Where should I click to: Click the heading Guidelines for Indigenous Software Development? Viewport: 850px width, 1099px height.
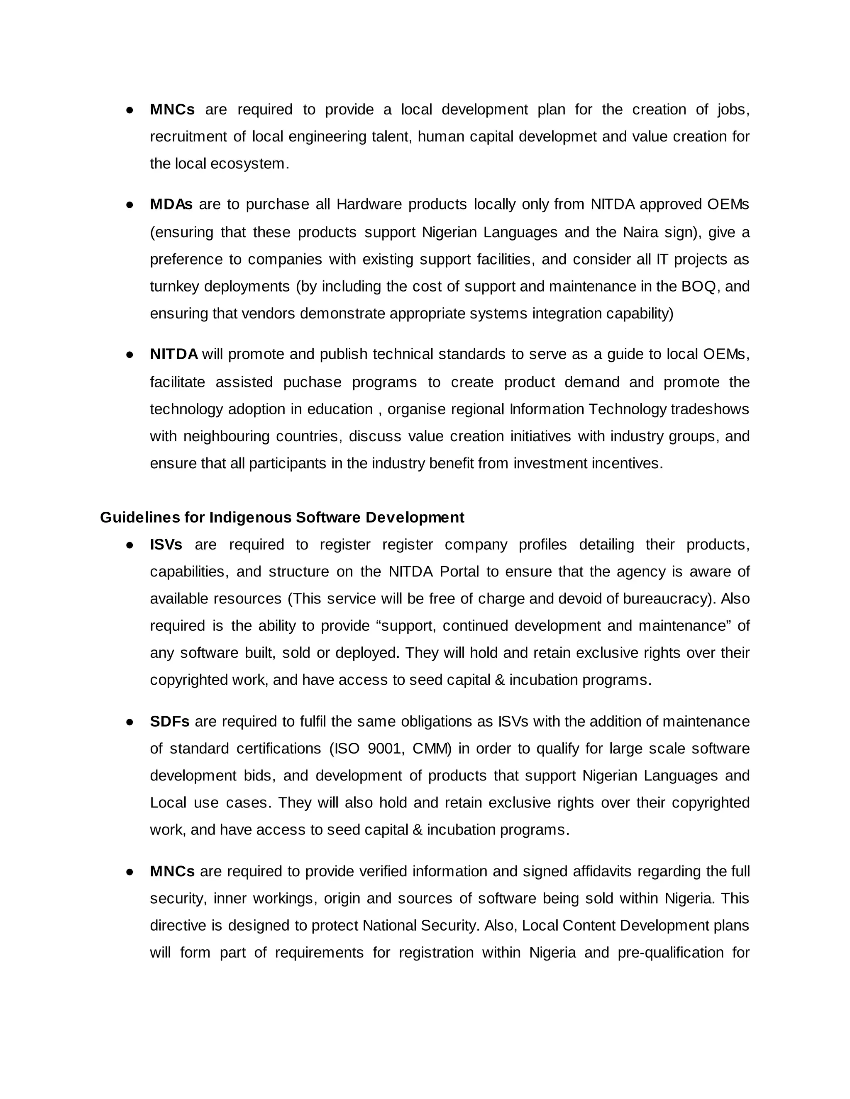pyautogui.click(x=282, y=517)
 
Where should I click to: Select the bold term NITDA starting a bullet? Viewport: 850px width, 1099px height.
pyautogui.click(x=174, y=354)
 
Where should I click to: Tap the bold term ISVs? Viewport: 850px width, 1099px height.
pyautogui.click(x=166, y=545)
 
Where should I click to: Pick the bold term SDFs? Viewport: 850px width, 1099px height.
pyautogui.click(x=169, y=722)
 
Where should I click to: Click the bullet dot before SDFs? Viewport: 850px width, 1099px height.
pyautogui.click(x=129, y=722)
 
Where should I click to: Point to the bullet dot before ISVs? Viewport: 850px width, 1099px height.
pyautogui.click(x=129, y=545)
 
